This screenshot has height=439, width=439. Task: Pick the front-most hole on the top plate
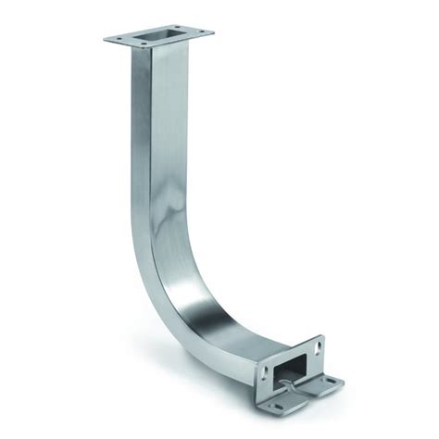click(149, 50)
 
